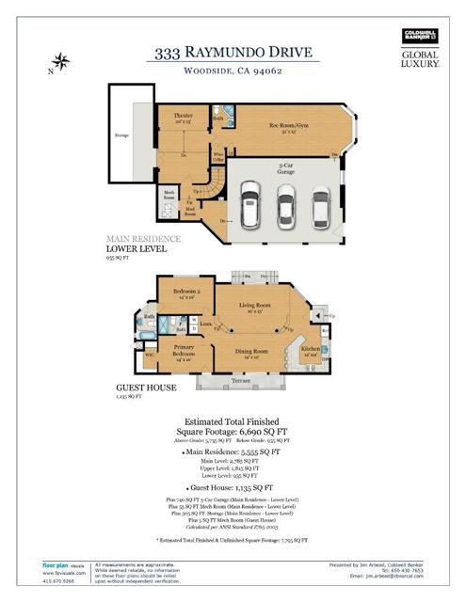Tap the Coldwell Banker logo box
420,37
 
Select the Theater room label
183,118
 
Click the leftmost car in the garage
250,204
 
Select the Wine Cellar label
218,158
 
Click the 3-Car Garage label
283,169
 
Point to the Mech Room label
169,197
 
